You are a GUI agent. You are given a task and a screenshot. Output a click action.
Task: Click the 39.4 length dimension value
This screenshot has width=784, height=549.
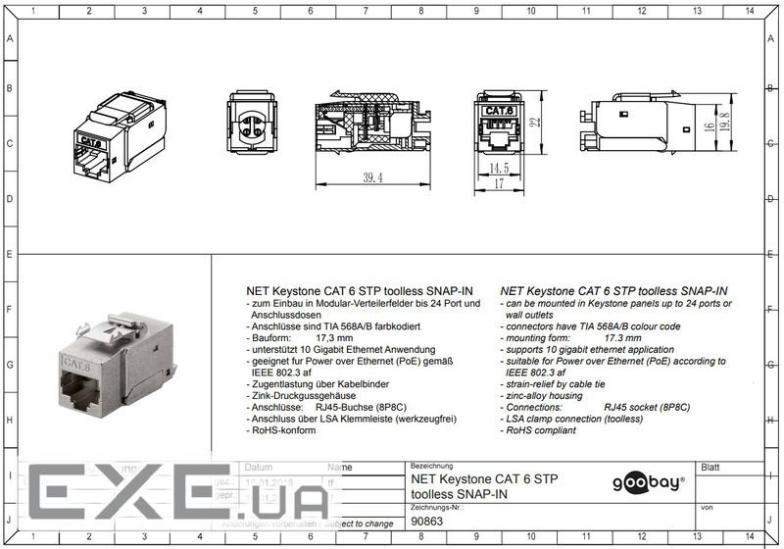pos(372,177)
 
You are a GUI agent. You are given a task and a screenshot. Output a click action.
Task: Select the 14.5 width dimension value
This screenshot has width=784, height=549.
pos(500,169)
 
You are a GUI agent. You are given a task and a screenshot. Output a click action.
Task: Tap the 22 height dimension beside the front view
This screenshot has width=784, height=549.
pos(538,123)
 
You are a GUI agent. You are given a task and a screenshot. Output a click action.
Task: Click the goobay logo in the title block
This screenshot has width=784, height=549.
pos(648,482)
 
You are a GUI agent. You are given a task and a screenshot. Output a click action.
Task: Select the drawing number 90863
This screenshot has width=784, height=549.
pos(427,523)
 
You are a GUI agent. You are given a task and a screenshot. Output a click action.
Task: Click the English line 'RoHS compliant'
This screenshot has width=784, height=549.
pos(542,430)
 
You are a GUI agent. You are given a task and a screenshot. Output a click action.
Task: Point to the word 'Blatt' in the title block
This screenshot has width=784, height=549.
pos(710,468)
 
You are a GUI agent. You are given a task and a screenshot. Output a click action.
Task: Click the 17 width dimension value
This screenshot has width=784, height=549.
pos(498,183)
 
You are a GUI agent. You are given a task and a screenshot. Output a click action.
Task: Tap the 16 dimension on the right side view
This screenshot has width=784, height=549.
pos(708,127)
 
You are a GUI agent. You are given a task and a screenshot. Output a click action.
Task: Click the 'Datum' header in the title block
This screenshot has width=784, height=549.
pos(259,468)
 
